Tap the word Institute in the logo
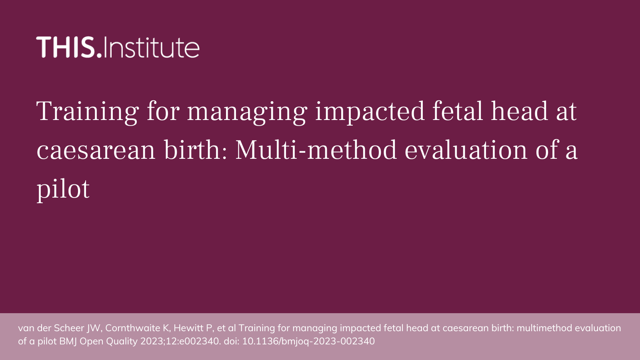tap(151, 47)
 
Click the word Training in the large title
tap(88, 112)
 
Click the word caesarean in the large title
tap(96, 150)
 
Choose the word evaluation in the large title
tap(466, 150)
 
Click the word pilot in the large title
tap(63, 189)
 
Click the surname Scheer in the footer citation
tap(69, 328)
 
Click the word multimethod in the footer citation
tap(544, 328)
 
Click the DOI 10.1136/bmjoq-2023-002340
tap(308, 341)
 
